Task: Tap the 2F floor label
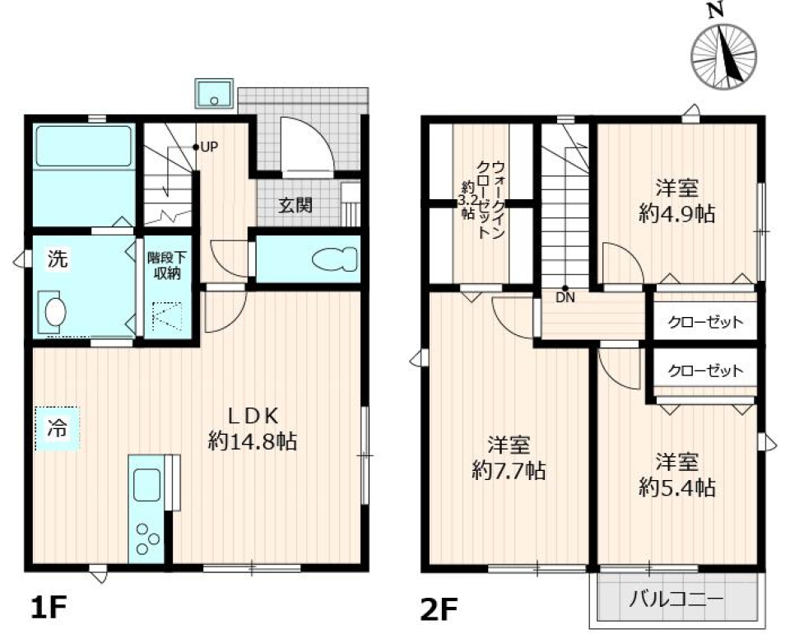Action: click(438, 609)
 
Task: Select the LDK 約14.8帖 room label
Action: click(253, 428)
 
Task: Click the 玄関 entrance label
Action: click(294, 206)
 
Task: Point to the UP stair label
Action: click(207, 147)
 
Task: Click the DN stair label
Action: click(565, 298)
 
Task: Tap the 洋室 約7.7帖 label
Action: click(509, 458)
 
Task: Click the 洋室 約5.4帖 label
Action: click(676, 473)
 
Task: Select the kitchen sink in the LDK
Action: click(147, 484)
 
